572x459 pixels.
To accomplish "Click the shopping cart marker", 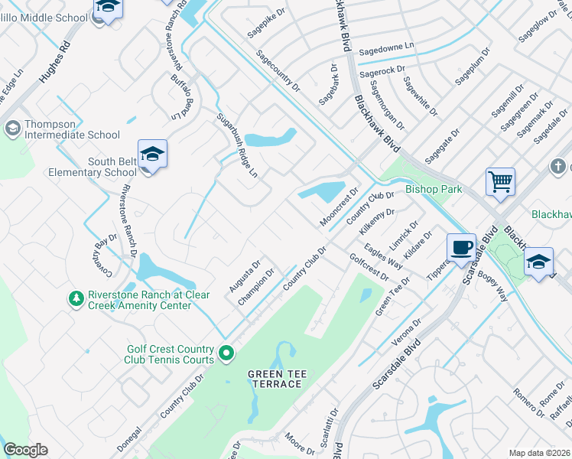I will tap(500, 183).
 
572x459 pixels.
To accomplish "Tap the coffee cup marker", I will tap(461, 248).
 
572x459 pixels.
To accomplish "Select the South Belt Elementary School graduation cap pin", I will tap(152, 154).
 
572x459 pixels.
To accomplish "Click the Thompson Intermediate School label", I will tap(72, 129).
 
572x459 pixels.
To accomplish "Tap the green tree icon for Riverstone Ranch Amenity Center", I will tap(76, 298).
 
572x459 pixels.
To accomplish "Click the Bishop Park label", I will tap(434, 189).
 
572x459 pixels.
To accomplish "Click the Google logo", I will tap(25, 450).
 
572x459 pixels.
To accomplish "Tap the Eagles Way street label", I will tap(384, 256).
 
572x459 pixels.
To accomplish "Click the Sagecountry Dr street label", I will tap(278, 72).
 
